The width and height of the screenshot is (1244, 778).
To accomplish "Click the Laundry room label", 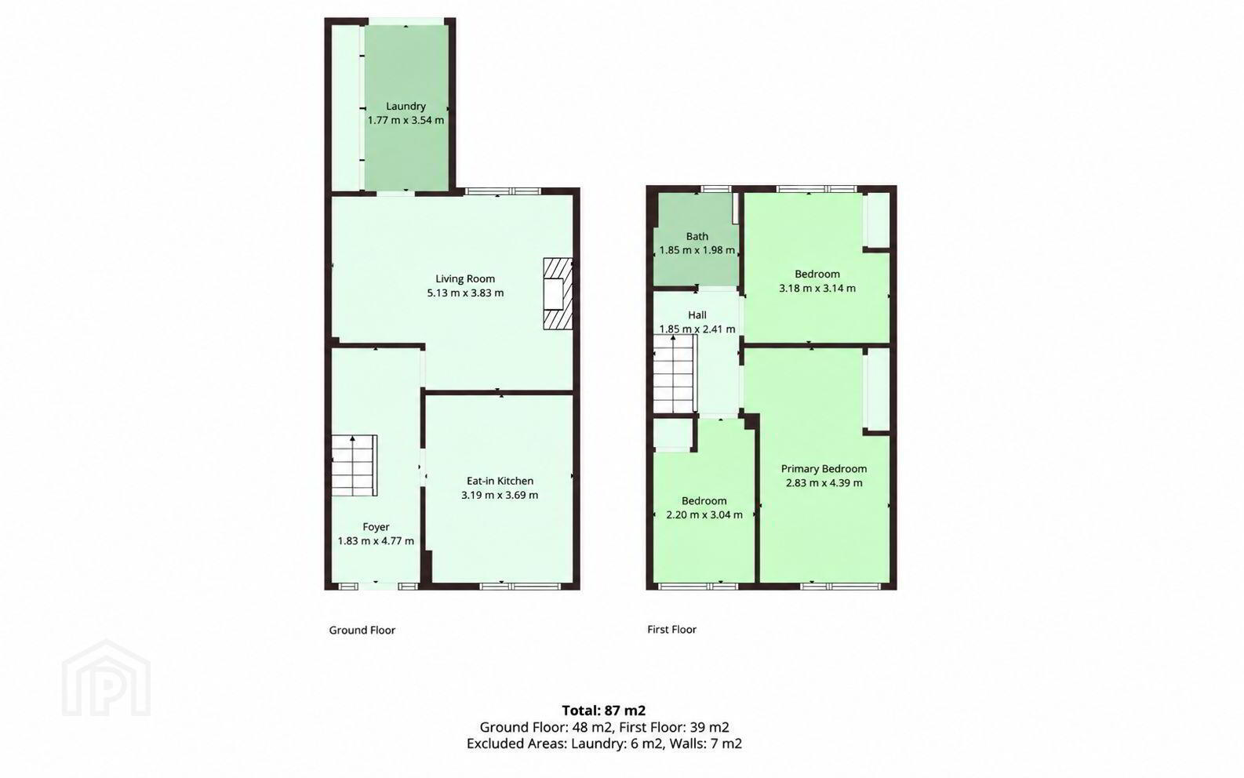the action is [x=406, y=106].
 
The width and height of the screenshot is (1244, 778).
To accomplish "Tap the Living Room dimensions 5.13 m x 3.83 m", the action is [x=465, y=293].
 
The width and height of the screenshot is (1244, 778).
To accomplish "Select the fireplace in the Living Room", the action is [x=558, y=294].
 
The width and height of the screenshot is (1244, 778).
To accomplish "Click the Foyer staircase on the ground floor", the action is [x=355, y=465].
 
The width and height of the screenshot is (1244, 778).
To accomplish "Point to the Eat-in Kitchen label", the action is [x=500, y=481].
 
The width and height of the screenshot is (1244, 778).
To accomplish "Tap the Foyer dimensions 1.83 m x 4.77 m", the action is [x=376, y=541].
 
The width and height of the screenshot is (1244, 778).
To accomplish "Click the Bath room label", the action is [x=697, y=237].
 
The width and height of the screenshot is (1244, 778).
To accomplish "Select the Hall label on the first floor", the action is [x=697, y=314].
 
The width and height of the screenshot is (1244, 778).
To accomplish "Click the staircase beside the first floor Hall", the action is [x=675, y=374].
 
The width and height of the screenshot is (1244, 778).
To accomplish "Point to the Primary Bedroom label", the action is [x=824, y=469].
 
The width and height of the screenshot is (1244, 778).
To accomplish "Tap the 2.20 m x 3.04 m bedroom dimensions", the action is [x=704, y=514].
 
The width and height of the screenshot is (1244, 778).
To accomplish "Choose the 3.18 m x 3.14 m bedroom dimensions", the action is [x=817, y=288].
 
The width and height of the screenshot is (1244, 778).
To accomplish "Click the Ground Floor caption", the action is [x=362, y=631].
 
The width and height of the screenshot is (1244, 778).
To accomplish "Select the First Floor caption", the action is [x=672, y=630].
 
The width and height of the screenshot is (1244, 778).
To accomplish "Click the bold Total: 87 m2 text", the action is [x=604, y=711].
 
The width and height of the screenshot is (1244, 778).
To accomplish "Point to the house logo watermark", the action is [x=106, y=678].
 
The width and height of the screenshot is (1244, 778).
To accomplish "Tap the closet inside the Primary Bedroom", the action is [x=876, y=389].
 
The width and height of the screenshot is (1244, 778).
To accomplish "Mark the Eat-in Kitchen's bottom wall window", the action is [x=522, y=586].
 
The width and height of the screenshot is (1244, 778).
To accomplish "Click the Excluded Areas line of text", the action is [x=604, y=743].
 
